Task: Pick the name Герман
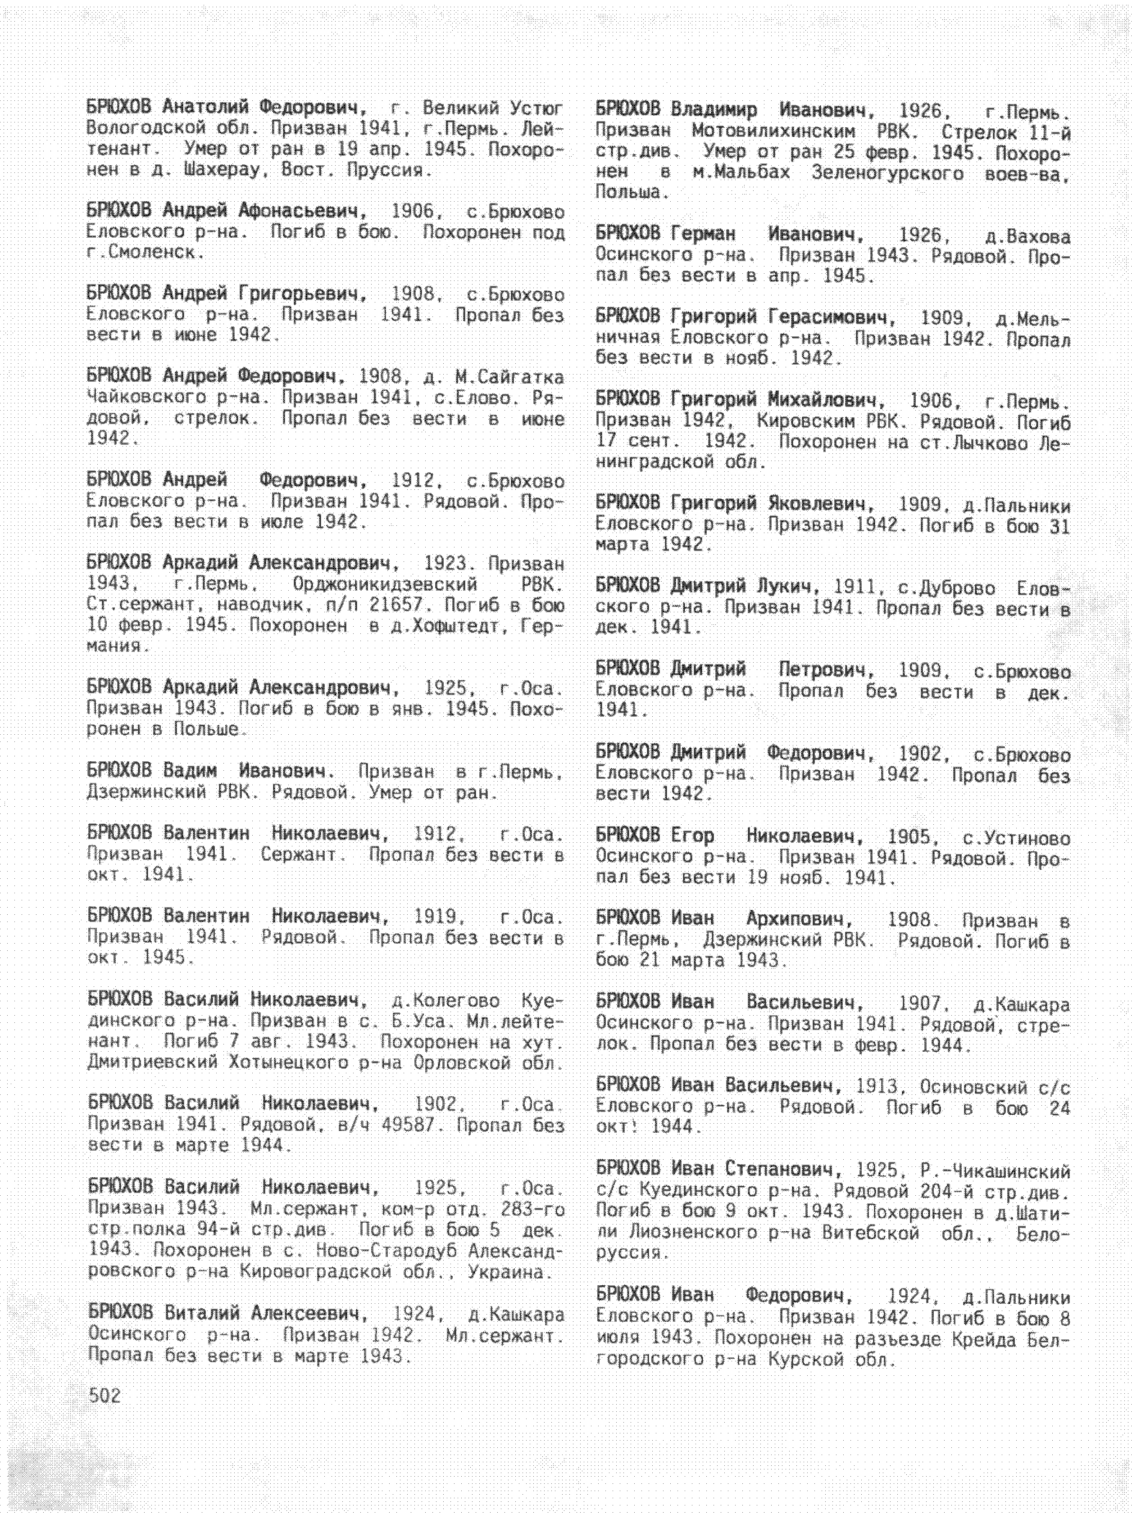pyautogui.click(x=703, y=235)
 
